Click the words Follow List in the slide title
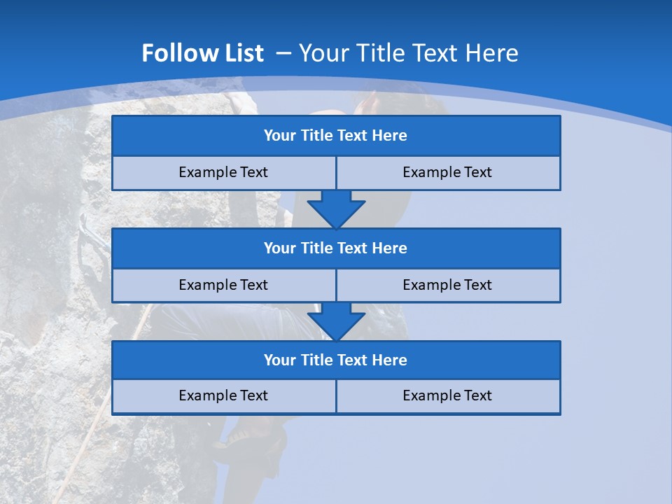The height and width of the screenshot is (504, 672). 202,53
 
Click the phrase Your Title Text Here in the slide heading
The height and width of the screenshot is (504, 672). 408,53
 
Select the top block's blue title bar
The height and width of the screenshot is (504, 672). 336,136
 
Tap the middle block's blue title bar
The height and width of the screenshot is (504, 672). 336,248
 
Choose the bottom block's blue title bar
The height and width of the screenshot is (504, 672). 336,360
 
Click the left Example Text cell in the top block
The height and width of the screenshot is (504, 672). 223,173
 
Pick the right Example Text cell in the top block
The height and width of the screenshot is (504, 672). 448,173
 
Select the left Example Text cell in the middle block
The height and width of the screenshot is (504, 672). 223,286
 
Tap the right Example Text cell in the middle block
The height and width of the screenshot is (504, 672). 448,286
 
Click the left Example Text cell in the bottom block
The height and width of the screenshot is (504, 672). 223,396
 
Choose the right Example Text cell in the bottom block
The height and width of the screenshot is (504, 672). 448,396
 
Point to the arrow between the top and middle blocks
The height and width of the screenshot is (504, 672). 336,209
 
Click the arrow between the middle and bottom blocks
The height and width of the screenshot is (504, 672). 336,321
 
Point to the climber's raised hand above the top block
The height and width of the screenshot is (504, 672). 365,104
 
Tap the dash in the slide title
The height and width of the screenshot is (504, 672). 283,53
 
